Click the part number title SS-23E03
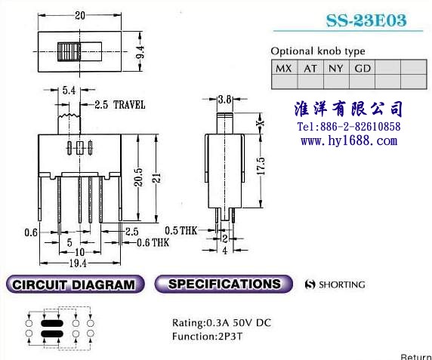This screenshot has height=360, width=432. click(x=366, y=20)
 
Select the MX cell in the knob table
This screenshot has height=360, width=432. click(x=284, y=67)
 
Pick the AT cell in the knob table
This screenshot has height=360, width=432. click(x=310, y=67)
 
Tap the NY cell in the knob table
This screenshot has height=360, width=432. click(x=336, y=67)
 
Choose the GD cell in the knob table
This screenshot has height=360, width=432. click(x=362, y=67)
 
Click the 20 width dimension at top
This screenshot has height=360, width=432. click(x=80, y=15)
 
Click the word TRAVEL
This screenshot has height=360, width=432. click(x=129, y=105)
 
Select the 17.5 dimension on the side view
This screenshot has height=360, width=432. click(x=261, y=166)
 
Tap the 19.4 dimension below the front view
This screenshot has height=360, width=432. click(x=78, y=263)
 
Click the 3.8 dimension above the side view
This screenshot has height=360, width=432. click(x=224, y=99)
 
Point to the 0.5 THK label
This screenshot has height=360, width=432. click(x=181, y=230)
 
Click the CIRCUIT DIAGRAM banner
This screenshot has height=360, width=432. click(x=75, y=285)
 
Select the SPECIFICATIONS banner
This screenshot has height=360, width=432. click(x=224, y=284)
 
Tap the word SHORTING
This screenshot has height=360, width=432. click(x=341, y=285)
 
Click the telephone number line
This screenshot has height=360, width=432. click(x=349, y=127)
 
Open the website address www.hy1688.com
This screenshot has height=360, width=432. click(x=349, y=141)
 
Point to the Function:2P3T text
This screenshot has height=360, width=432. click(x=207, y=337)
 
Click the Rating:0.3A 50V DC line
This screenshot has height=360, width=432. click(x=222, y=322)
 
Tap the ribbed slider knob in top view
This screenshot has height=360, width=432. click(x=69, y=52)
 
